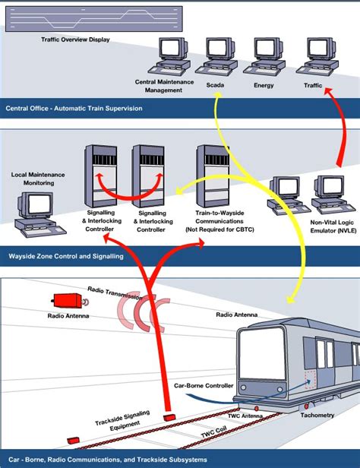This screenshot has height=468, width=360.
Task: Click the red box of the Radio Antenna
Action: click(x=62, y=301)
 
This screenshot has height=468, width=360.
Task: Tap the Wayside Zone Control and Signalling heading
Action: click(x=66, y=257)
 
